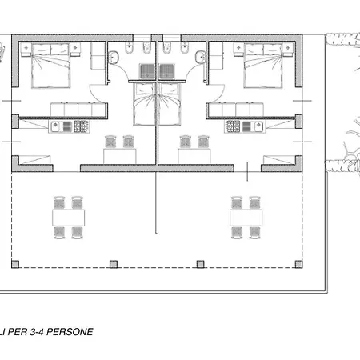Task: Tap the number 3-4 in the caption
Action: [38, 332]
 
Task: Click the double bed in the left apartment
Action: [51, 66]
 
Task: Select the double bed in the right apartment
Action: [263, 66]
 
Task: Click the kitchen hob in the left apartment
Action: [82, 126]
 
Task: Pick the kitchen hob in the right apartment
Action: [233, 126]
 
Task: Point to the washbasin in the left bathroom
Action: [114, 58]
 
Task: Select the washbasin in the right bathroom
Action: [200, 58]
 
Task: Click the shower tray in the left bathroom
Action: [147, 71]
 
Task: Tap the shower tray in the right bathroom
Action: [167, 71]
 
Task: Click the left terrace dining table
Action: [69, 218]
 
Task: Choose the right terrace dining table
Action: [246, 218]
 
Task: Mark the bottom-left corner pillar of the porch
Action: [15, 264]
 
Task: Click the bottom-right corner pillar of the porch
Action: [298, 264]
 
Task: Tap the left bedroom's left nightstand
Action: [26, 50]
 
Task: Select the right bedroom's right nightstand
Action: [288, 50]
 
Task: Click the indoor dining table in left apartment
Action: [120, 156]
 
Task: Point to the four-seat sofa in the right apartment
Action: [236, 110]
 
